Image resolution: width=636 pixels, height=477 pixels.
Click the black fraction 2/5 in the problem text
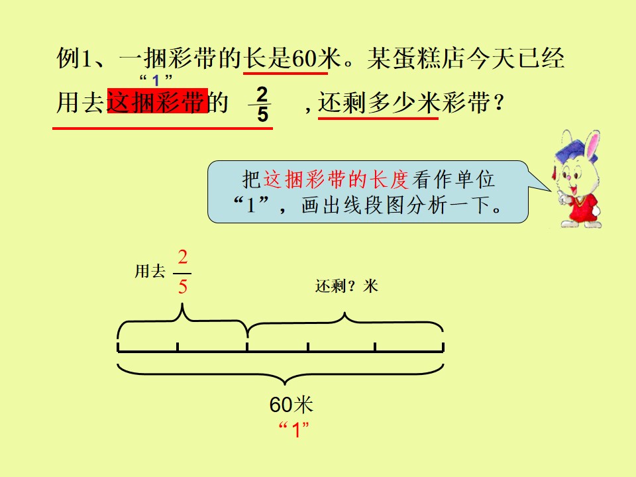262,104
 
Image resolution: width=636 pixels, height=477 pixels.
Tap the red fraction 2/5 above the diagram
183,272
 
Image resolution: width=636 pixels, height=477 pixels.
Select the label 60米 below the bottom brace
291,404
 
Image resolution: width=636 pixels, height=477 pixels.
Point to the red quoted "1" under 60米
294,429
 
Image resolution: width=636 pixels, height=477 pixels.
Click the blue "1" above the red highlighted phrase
156,80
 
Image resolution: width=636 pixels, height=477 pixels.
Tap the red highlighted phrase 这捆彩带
158,101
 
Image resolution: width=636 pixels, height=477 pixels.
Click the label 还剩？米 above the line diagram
346,286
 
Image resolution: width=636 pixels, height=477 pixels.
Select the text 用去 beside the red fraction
150,272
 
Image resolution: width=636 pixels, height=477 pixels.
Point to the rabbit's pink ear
592,143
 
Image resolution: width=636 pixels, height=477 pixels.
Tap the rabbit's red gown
581,207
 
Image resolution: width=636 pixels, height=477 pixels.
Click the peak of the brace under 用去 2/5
183,305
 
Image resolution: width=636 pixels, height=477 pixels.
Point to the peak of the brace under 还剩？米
344,313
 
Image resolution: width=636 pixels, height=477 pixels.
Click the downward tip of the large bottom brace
285,384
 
